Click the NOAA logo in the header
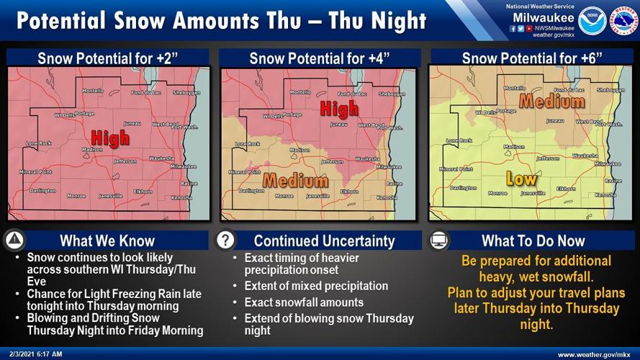pyautogui.click(x=591, y=19)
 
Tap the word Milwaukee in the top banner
pyautogui.click(x=544, y=17)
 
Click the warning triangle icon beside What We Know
pyautogui.click(x=16, y=240)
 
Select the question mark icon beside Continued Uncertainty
pyautogui.click(x=226, y=240)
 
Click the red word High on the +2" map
pyautogui.click(x=111, y=138)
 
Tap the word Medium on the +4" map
pyautogui.click(x=296, y=180)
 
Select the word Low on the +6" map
pyautogui.click(x=521, y=177)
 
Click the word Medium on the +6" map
pyautogui.click(x=551, y=102)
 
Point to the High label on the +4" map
pyautogui.click(x=339, y=109)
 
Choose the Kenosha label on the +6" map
pyautogui.click(x=605, y=195)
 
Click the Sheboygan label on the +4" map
pyautogui.click(x=392, y=94)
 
